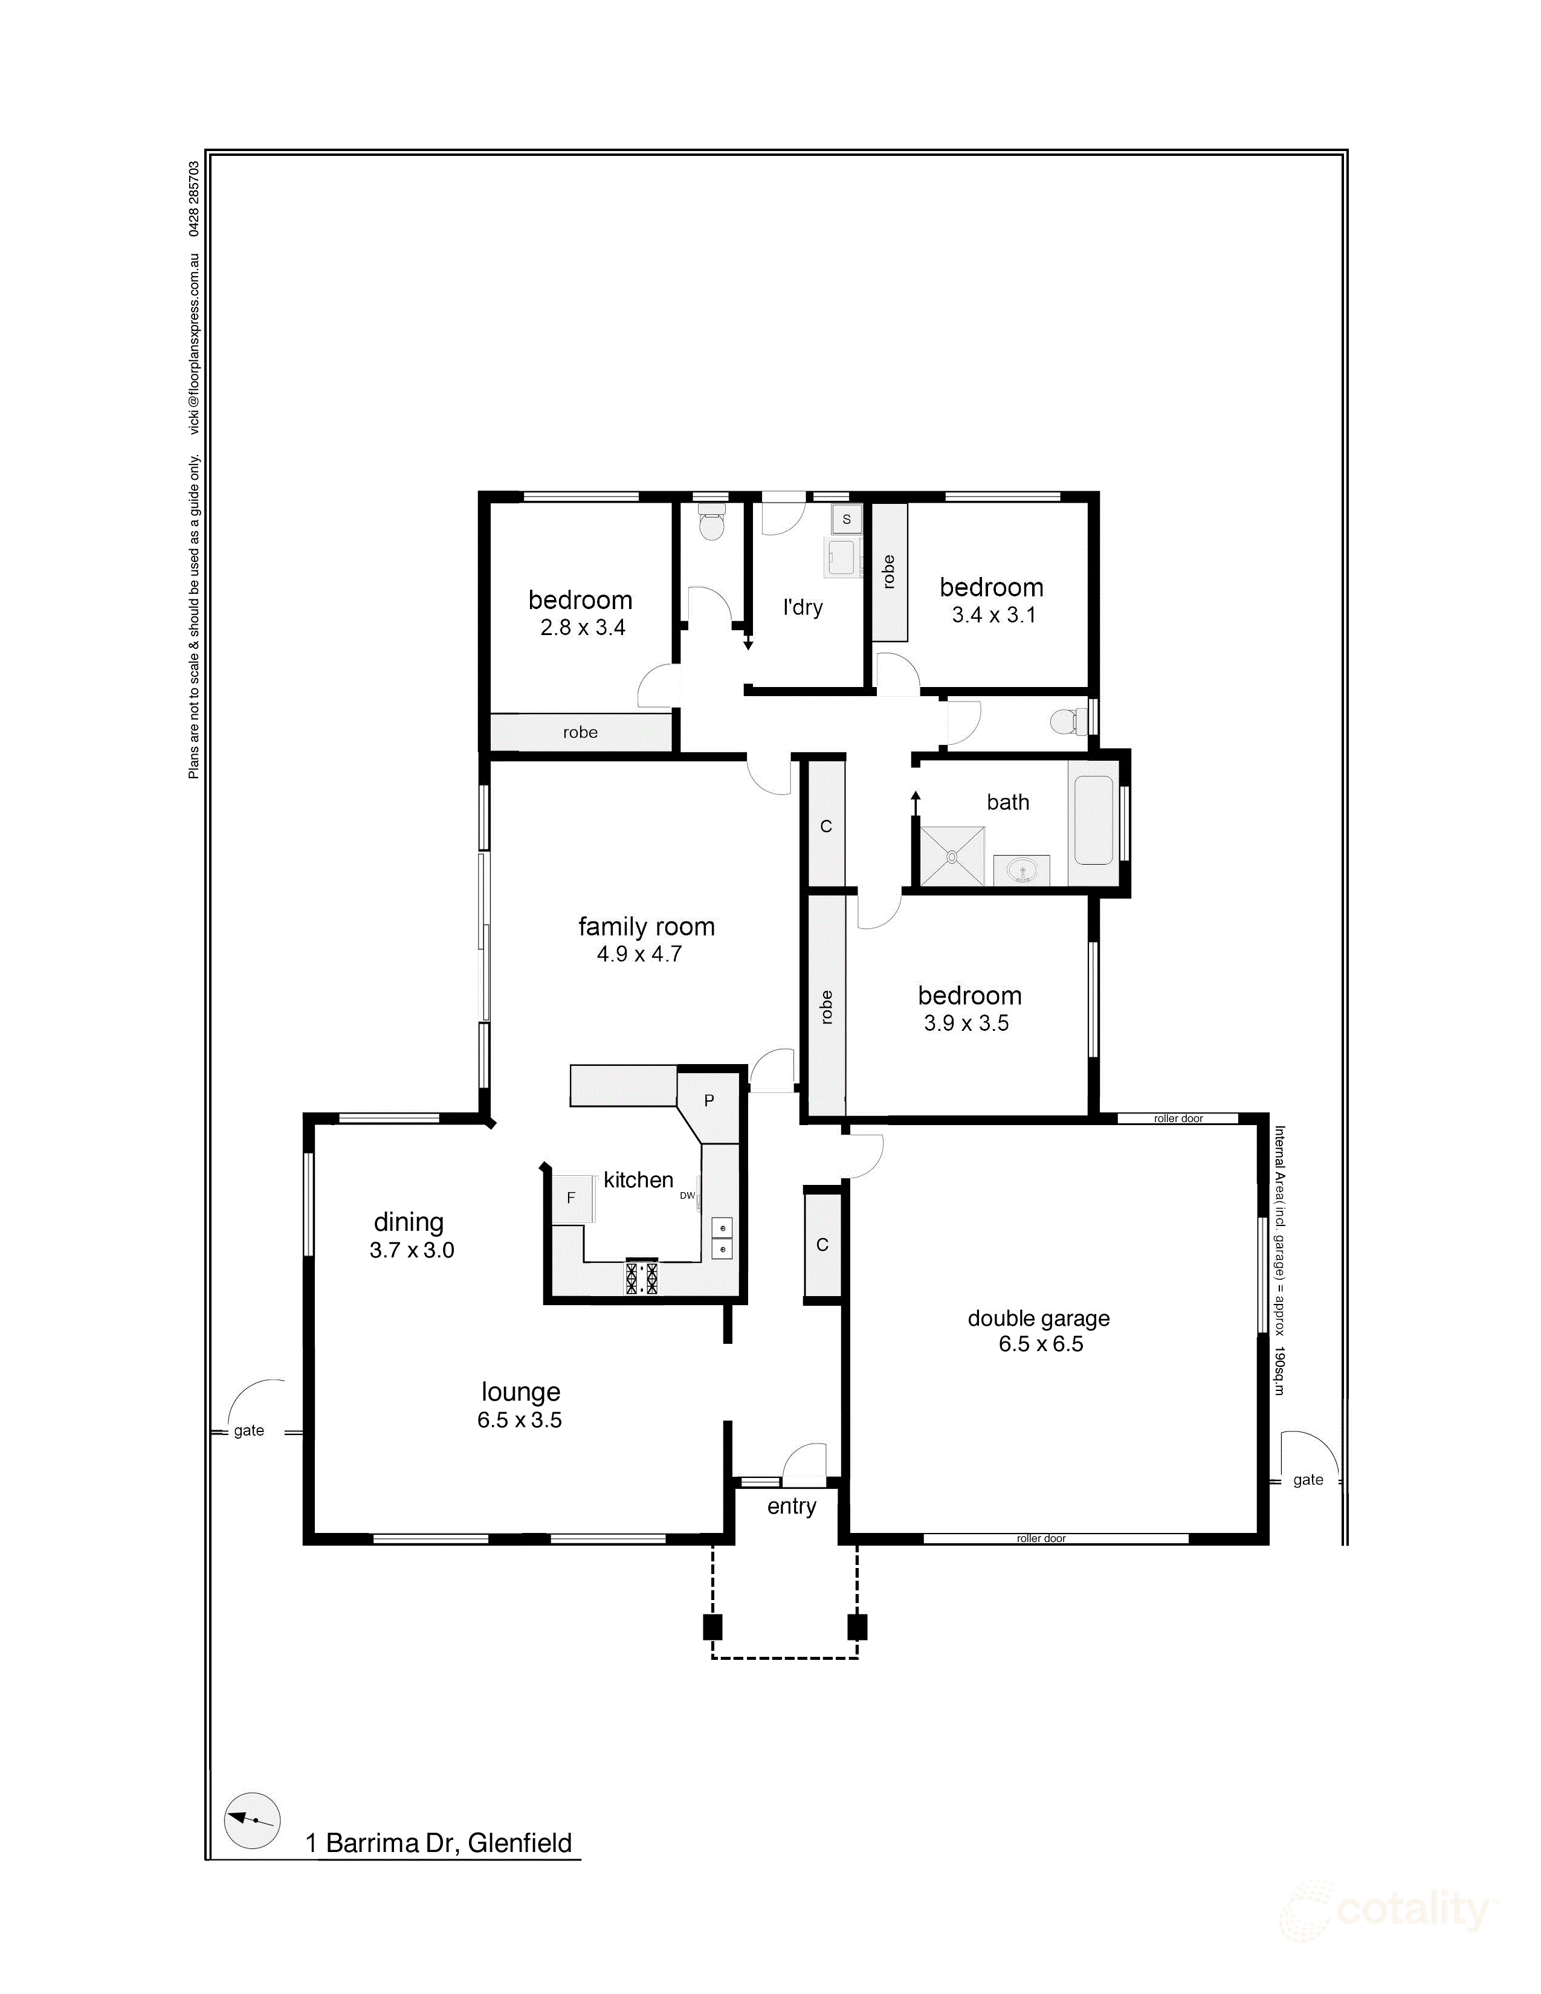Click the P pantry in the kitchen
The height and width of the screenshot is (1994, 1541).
tap(708, 1101)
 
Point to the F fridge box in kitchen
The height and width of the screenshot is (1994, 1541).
tap(570, 1197)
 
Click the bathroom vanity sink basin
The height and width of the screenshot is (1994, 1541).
tap(1021, 870)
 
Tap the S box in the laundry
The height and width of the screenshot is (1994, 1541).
tap(846, 518)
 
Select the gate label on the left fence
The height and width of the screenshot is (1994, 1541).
tap(248, 1431)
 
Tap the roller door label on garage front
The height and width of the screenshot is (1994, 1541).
tap(1041, 1538)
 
